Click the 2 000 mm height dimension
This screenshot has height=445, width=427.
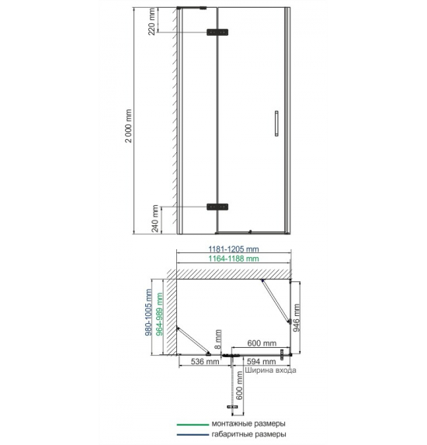pos(129,126)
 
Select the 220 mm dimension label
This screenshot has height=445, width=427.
pos(152,22)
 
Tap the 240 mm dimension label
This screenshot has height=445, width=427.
pos(155,218)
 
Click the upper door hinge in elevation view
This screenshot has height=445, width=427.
pos(217,32)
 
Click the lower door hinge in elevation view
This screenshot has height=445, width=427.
pos(217,207)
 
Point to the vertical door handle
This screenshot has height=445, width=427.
pos(276,123)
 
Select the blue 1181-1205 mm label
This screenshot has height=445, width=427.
pos(234,249)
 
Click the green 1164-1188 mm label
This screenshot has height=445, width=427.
pos(234,259)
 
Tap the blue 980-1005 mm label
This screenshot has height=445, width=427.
pos(148,312)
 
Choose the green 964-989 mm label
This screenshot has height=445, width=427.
pos(159,314)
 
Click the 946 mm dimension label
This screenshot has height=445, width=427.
pos(297,318)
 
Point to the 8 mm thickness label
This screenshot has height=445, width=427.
pos(218,339)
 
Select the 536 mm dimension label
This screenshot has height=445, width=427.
pos(205,362)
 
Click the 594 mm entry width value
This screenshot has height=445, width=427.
pos(262,362)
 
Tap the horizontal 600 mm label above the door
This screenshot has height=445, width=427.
pos(262,343)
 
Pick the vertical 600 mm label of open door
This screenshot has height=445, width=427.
pos(239,386)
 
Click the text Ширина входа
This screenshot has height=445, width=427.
pos(270,370)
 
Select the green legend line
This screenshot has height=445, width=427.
pos(193,425)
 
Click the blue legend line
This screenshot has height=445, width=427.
pos(193,435)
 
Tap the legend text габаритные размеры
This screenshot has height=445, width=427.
pos(248,434)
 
